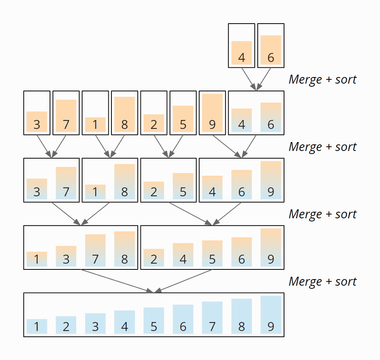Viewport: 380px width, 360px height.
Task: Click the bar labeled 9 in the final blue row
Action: coord(270,315)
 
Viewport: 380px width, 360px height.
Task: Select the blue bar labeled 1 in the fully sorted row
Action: coord(37,326)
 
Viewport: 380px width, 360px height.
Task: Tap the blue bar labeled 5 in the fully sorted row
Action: coord(154,321)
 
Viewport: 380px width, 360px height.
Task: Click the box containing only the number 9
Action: coord(212,113)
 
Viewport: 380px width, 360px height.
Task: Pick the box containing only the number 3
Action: coord(37,113)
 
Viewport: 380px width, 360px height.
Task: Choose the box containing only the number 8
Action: coord(124,113)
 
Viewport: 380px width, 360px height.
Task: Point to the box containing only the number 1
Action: coord(95,113)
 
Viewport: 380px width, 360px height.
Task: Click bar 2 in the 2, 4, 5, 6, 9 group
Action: coord(154,258)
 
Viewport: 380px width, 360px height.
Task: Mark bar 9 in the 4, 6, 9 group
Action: coord(270,180)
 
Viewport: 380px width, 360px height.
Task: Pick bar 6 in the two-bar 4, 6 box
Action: coord(270,117)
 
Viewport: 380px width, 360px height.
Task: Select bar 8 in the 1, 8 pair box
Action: coord(124,182)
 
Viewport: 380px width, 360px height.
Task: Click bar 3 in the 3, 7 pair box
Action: coord(37,189)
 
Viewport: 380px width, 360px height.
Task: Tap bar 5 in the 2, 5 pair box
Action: coord(183,186)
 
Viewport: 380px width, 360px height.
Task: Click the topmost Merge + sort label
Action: coord(322,79)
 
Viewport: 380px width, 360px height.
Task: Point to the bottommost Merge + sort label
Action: coord(322,281)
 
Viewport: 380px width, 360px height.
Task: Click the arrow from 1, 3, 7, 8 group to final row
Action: coord(116,281)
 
